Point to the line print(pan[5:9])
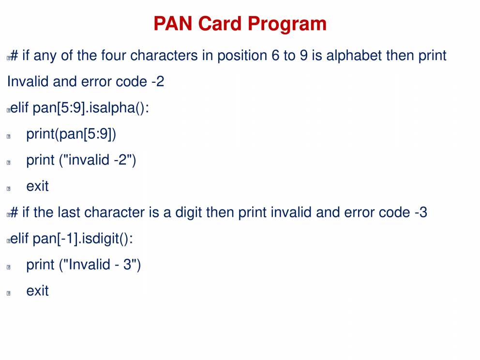[71, 134]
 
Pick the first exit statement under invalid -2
[37, 186]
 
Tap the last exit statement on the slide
[37, 291]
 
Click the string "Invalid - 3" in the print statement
[100, 265]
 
